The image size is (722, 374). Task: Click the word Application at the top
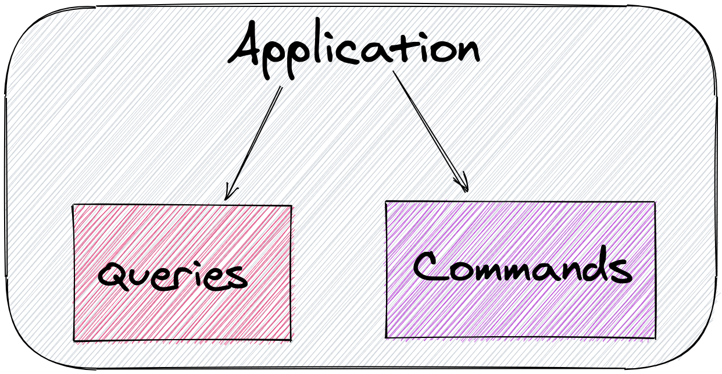pyautogui.click(x=355, y=49)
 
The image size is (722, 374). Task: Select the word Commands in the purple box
pyautogui.click(x=521, y=269)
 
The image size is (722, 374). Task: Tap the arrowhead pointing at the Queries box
pyautogui.click(x=227, y=195)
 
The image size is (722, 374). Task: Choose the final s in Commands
pyautogui.click(x=621, y=272)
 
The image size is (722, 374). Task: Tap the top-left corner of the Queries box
pyautogui.click(x=73, y=205)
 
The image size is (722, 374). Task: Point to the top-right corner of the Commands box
pyautogui.click(x=655, y=202)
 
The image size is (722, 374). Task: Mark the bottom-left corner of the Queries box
pyautogui.click(x=74, y=340)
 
